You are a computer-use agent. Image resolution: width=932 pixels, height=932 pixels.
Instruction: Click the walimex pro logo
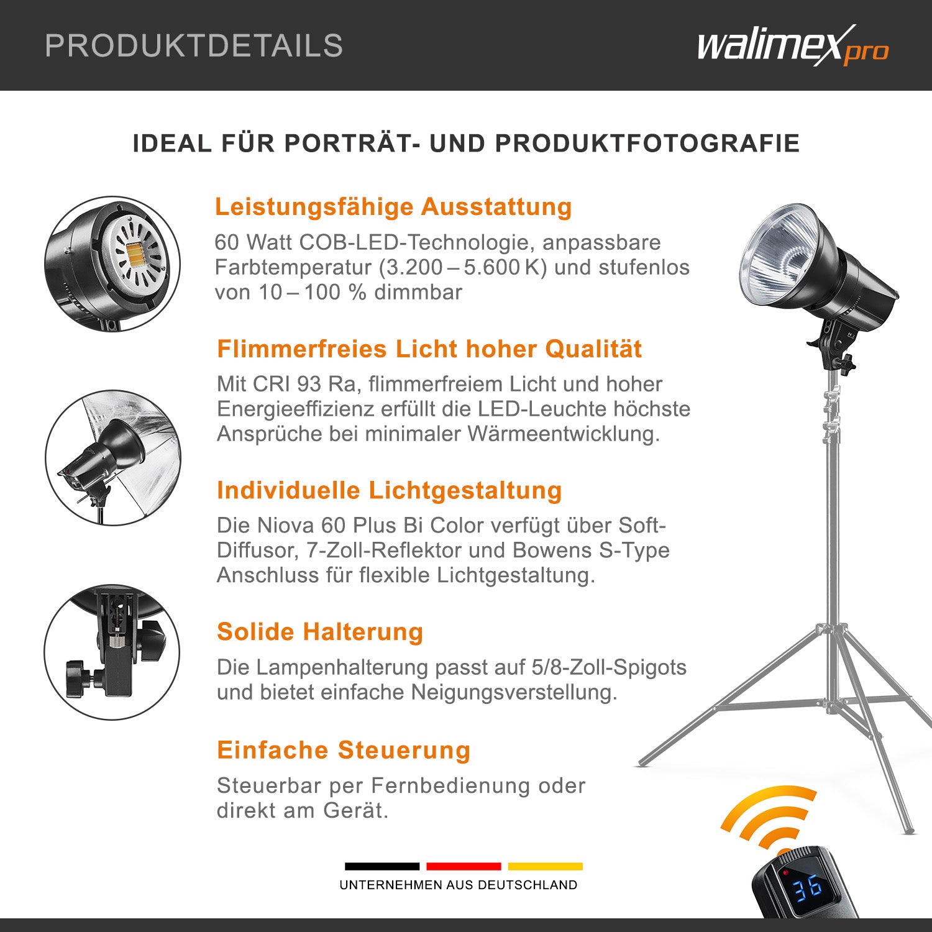(793, 45)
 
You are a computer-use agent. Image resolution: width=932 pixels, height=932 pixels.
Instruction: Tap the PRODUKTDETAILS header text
(194, 46)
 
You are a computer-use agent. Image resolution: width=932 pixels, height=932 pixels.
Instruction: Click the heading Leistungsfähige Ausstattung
(393, 207)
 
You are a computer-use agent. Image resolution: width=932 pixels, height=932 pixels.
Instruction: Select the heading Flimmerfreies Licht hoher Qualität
(429, 349)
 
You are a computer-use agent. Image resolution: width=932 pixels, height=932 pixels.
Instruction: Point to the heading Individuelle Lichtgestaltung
(390, 490)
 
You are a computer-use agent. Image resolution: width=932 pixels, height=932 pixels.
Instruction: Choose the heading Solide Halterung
(320, 632)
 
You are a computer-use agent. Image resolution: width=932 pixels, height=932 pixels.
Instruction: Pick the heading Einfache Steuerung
(344, 750)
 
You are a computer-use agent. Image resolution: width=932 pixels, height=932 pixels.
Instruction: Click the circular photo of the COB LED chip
(112, 264)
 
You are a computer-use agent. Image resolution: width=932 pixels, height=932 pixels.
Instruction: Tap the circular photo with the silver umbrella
(112, 458)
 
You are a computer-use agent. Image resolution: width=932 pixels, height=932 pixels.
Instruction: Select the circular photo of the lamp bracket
(112, 652)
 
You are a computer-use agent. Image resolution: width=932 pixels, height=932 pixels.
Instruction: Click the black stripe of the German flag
(382, 866)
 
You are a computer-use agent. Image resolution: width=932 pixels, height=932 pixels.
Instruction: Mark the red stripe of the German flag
(464, 866)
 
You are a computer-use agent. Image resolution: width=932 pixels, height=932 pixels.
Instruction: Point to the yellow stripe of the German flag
(546, 866)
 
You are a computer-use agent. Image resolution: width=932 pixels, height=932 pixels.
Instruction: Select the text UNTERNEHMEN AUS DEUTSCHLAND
(459, 885)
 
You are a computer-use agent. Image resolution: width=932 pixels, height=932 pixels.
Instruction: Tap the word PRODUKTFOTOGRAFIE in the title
(647, 144)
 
